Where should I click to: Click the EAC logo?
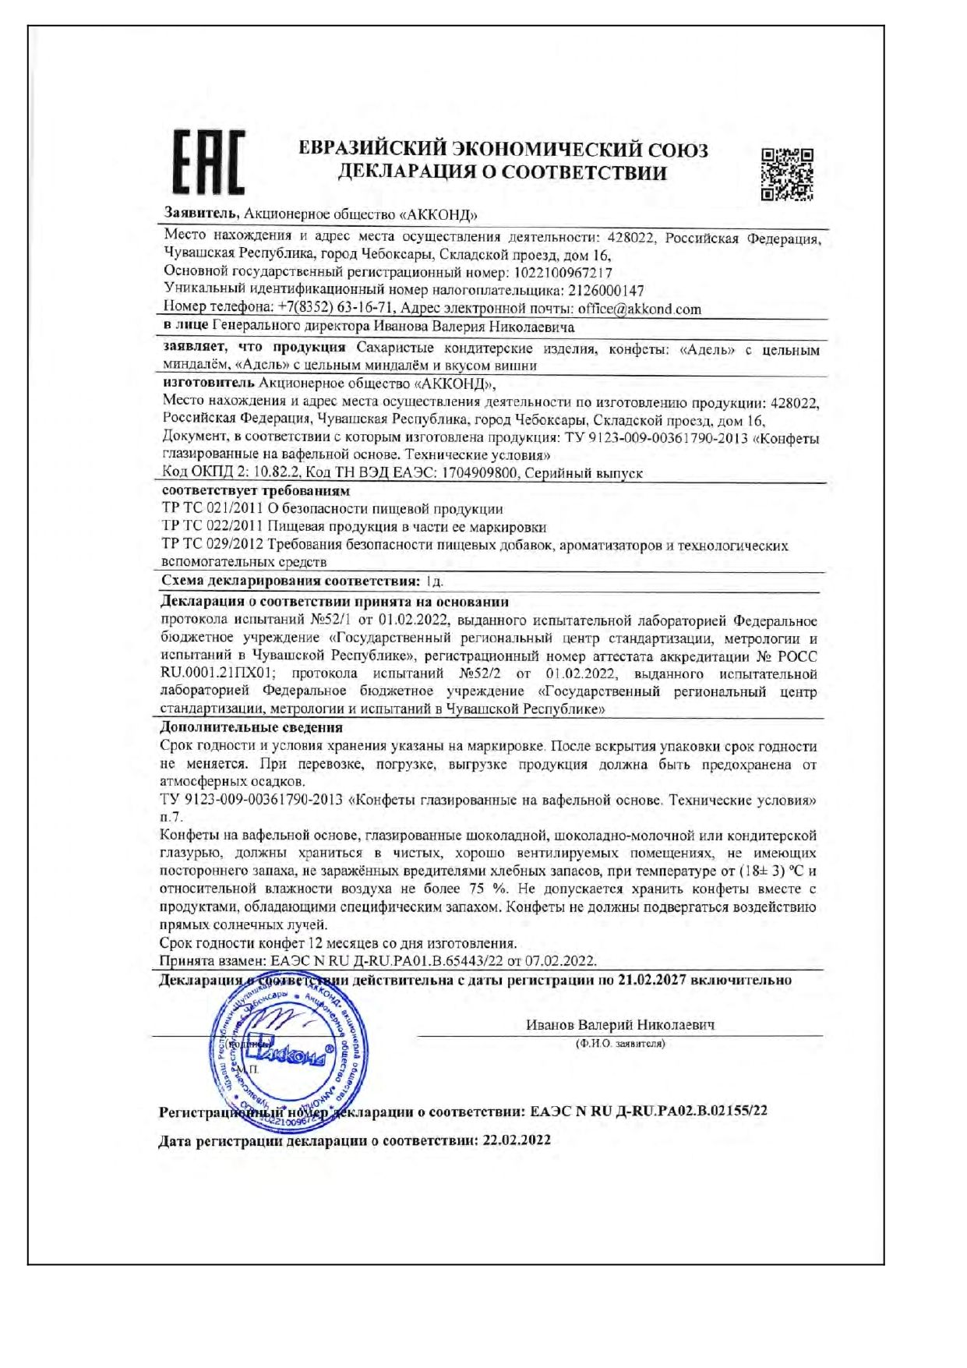point(208,162)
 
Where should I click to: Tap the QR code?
point(787,175)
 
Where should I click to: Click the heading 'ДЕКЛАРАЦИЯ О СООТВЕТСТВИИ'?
point(503,173)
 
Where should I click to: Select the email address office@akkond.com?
point(639,309)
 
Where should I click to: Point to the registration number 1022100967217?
point(561,273)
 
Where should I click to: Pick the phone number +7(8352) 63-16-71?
point(336,309)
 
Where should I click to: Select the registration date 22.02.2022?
point(517,1140)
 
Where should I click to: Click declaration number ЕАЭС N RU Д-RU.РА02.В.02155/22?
point(648,1111)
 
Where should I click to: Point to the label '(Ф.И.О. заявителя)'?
point(620,1043)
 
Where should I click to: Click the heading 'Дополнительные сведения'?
point(251,727)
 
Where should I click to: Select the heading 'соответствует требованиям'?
point(256,491)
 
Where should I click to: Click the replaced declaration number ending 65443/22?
point(377,961)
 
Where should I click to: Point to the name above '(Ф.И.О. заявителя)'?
point(620,1025)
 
